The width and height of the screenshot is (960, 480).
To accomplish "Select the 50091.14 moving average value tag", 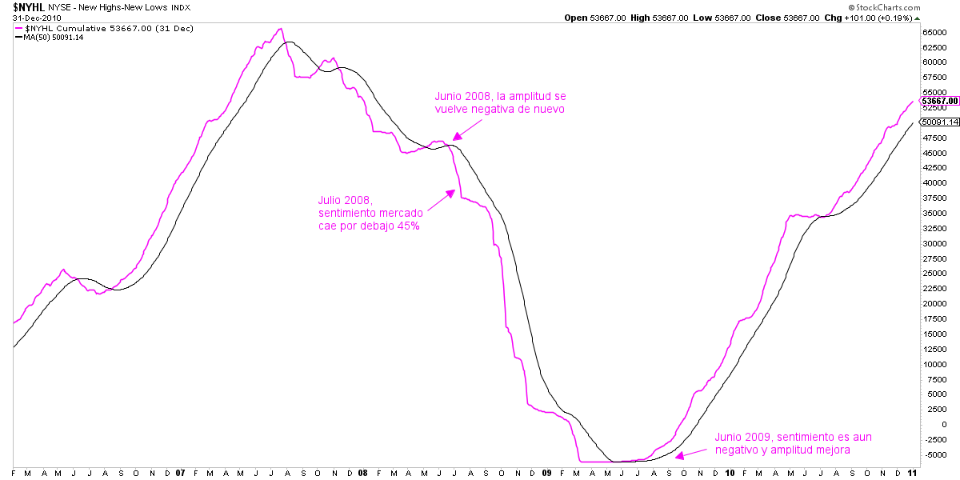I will pos(938,122).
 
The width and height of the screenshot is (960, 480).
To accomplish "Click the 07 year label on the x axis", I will pos(180,472).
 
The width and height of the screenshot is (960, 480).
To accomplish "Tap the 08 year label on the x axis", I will pos(362,472).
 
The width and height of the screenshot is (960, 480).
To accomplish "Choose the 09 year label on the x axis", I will pos(546,472).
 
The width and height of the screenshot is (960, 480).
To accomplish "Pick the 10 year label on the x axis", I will pos(729,472).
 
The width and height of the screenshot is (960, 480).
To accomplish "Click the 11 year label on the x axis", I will pos(912,472).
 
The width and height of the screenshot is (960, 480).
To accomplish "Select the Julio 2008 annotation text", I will pos(370,211).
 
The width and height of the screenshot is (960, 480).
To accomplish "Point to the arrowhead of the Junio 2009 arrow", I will pos(677,457).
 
